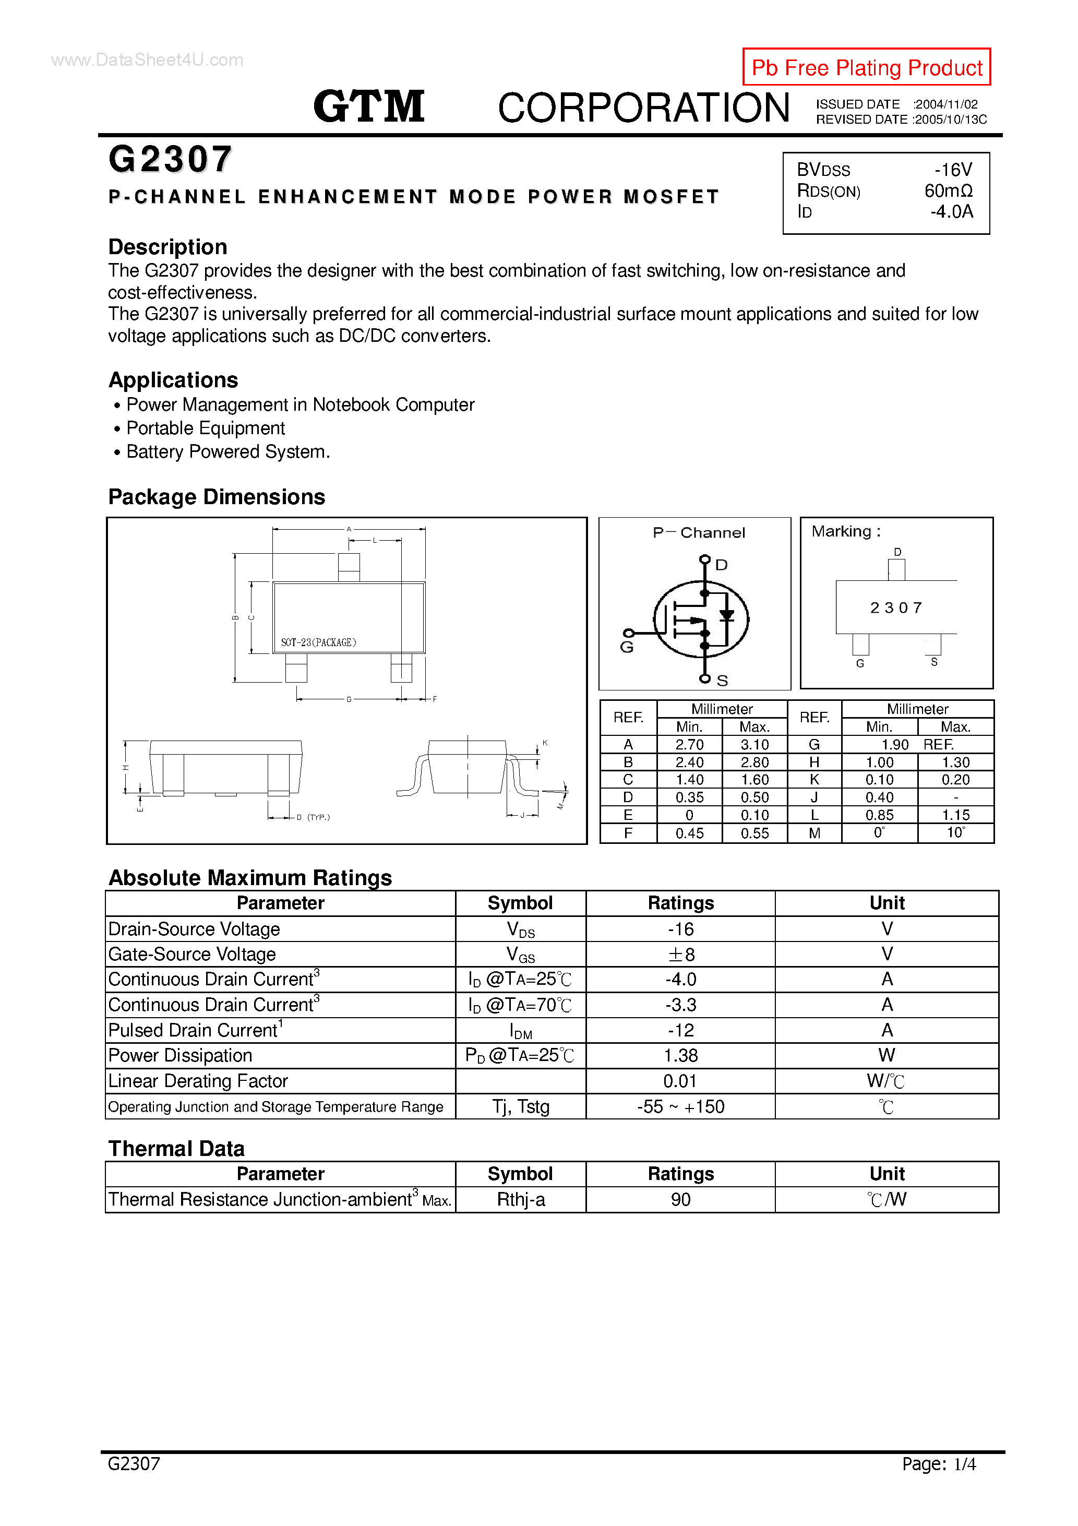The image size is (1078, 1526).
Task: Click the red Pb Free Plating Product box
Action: [866, 67]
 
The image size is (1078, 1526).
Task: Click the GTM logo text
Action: [369, 106]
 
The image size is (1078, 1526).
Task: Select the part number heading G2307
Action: [170, 160]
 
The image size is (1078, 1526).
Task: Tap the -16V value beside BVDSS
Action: [953, 170]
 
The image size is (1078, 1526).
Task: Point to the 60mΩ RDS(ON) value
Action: [949, 191]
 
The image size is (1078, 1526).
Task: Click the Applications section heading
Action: [173, 380]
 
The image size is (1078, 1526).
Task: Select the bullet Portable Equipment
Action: [206, 428]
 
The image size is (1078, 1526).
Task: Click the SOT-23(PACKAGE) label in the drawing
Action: [318, 642]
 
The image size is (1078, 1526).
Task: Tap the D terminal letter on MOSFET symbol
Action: [721, 565]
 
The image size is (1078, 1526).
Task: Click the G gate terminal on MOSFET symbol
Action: [627, 647]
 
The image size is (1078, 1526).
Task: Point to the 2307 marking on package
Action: [896, 607]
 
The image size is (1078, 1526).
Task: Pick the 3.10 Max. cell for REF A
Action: [754, 744]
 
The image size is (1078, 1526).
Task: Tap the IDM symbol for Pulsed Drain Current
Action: [520, 1031]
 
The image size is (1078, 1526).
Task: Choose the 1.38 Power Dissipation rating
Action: [680, 1055]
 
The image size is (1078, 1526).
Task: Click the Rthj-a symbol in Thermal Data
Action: [520, 1200]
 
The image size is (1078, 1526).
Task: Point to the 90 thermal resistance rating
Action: [680, 1200]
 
